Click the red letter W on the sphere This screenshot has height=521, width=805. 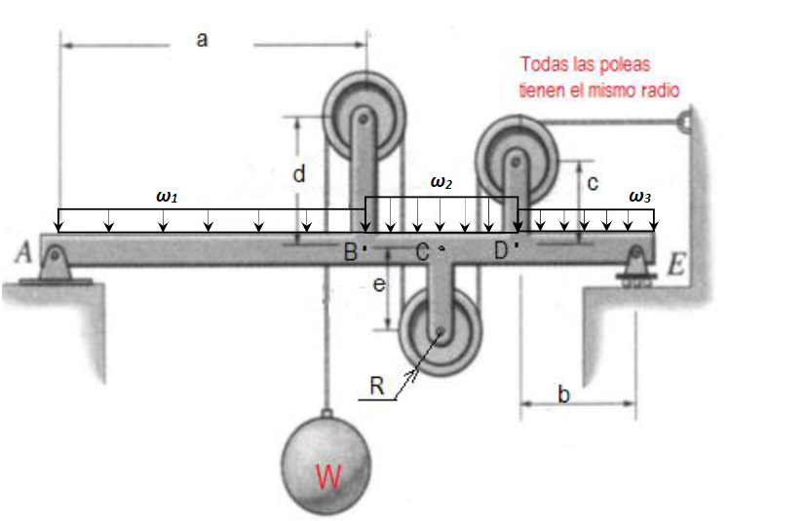[x=328, y=477]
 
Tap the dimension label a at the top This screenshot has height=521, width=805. [x=203, y=40]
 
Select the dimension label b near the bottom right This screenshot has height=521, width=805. [x=563, y=393]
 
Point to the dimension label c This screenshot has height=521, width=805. [x=593, y=183]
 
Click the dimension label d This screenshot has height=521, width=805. [x=299, y=173]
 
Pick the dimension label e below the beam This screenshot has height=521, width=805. [x=379, y=284]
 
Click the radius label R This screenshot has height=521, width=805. [x=377, y=386]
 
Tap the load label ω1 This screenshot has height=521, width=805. [x=167, y=197]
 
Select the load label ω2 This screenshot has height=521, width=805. [x=441, y=182]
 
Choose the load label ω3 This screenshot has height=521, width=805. [x=639, y=197]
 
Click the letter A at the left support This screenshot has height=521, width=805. [x=23, y=252]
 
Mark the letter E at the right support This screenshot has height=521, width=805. [x=676, y=265]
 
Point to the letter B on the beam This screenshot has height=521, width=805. [x=351, y=252]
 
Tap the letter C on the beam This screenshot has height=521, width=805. [x=423, y=252]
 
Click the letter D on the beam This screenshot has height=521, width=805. [x=501, y=250]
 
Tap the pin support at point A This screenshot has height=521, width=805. [x=55, y=265]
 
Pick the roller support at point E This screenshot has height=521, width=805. [x=636, y=266]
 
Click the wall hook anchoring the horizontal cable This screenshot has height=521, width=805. [x=685, y=122]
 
